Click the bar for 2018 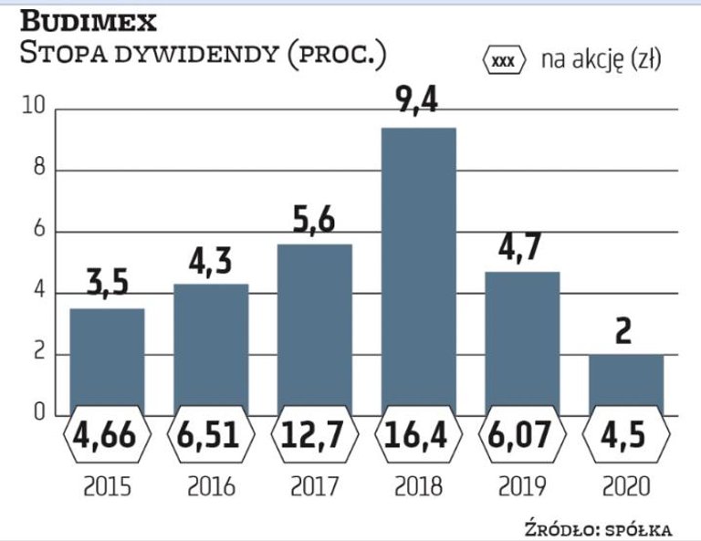tap(418, 265)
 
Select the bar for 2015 tap(107, 356)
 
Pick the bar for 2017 tap(314, 324)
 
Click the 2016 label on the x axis tap(211, 486)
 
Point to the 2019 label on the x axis tap(521, 486)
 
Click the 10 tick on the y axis tap(34, 109)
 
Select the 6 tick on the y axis tap(39, 232)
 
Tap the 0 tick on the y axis tap(39, 414)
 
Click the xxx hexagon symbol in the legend tap(504, 61)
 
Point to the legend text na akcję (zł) tap(601, 60)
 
